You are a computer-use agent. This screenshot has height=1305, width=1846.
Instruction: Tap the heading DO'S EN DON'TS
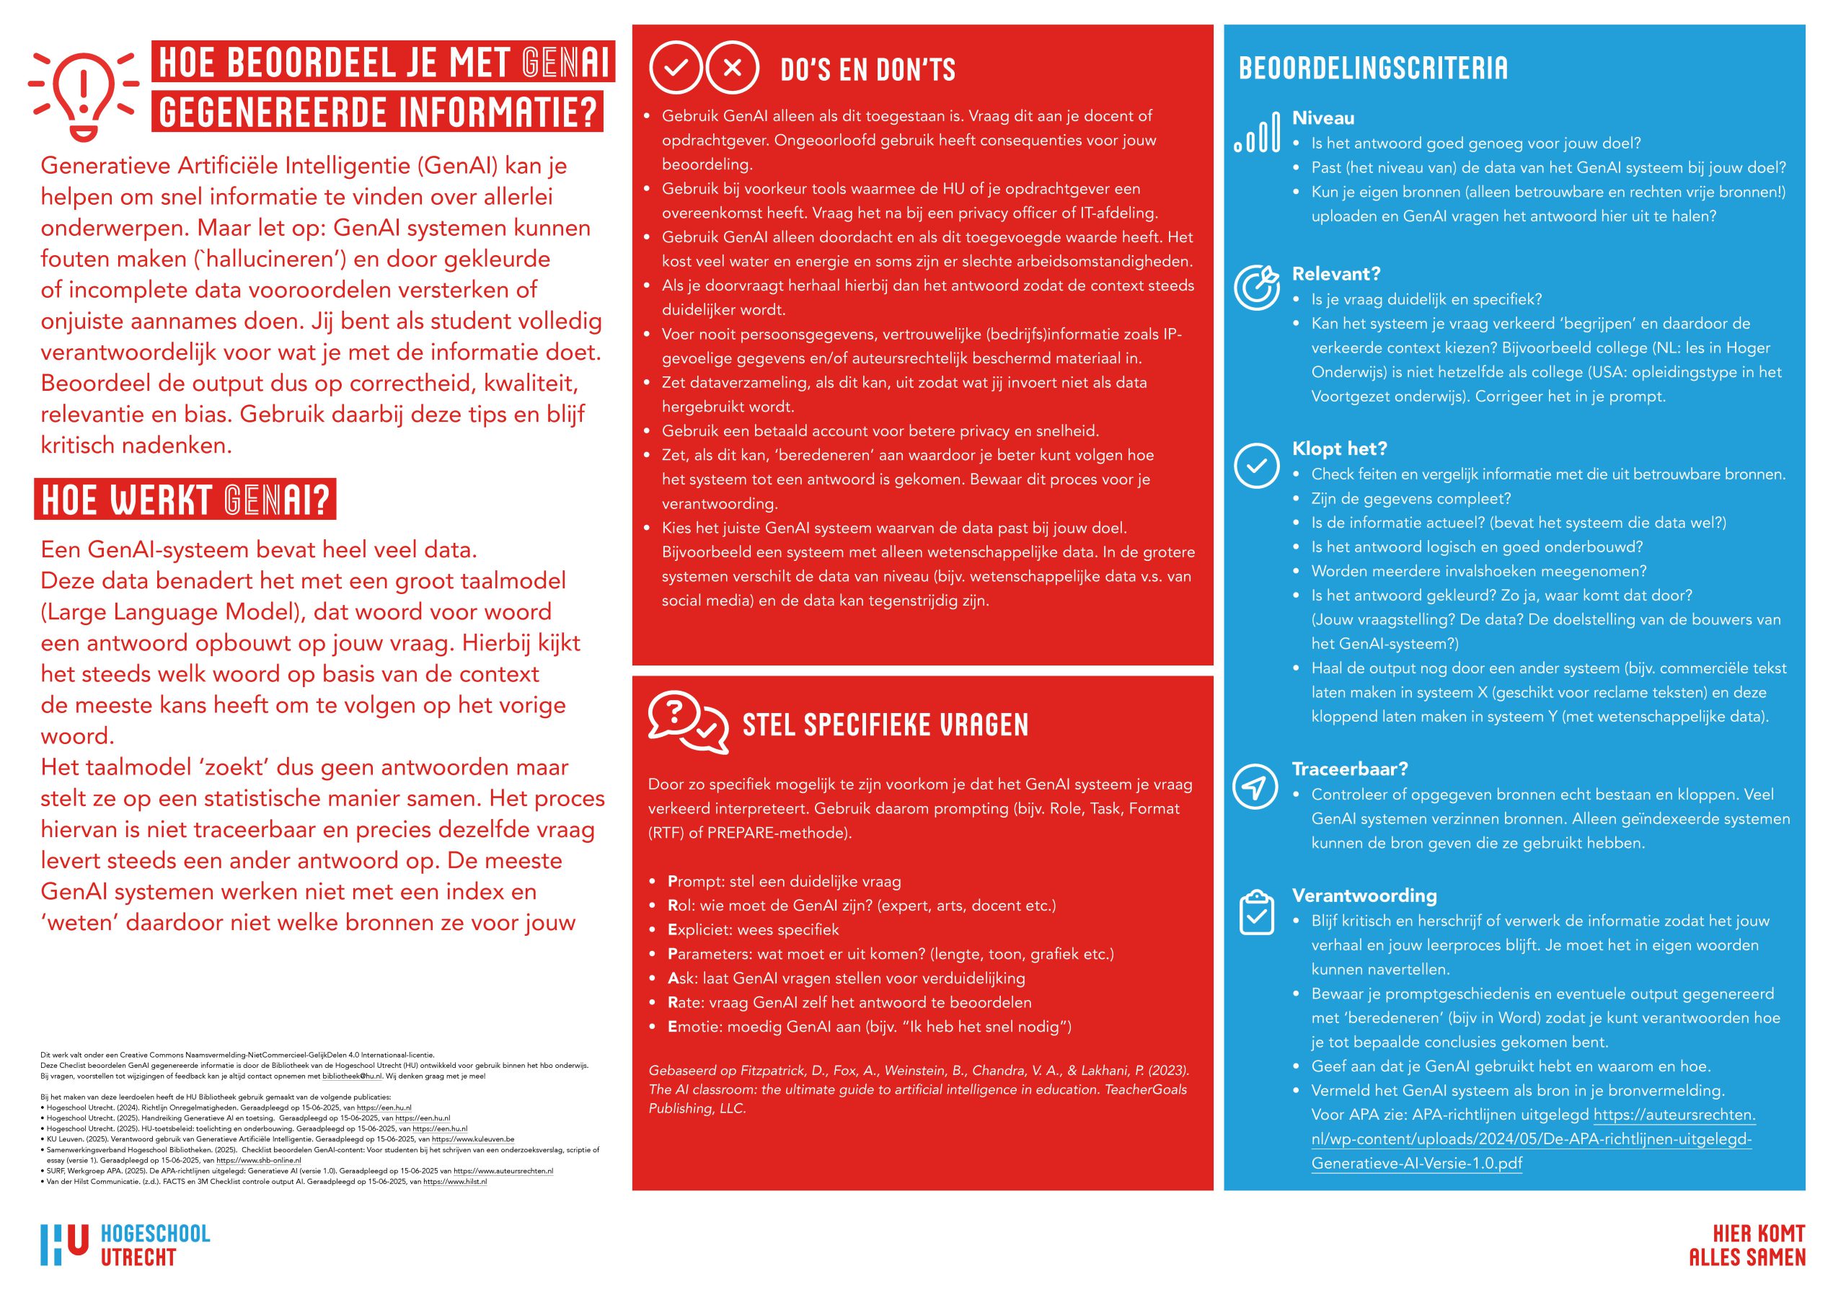pos(867,70)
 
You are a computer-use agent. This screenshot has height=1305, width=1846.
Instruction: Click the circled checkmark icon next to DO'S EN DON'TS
pos(676,68)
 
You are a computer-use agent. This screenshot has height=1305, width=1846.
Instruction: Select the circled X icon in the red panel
pos(732,68)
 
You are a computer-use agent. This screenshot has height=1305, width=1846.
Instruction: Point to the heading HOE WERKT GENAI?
pos(185,500)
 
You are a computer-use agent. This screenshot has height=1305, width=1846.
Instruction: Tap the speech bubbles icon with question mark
pos(687,721)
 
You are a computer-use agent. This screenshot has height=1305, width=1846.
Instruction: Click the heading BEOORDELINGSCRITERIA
pos(1372,68)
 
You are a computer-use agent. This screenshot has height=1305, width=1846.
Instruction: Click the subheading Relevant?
pos(1335,273)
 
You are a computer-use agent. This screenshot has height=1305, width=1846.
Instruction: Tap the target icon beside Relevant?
pos(1256,287)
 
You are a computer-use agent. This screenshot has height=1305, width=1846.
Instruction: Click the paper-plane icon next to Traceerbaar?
pos(1255,786)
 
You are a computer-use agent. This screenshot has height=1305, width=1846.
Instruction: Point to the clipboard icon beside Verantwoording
pos(1256,913)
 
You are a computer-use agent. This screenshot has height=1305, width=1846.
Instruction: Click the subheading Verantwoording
pos(1364,895)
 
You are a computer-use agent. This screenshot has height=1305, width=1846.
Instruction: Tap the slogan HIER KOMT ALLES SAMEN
pos(1746,1244)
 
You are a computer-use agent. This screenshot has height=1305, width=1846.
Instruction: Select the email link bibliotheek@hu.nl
pos(352,1076)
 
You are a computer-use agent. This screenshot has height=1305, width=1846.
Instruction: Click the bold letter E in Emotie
pos(672,1027)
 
